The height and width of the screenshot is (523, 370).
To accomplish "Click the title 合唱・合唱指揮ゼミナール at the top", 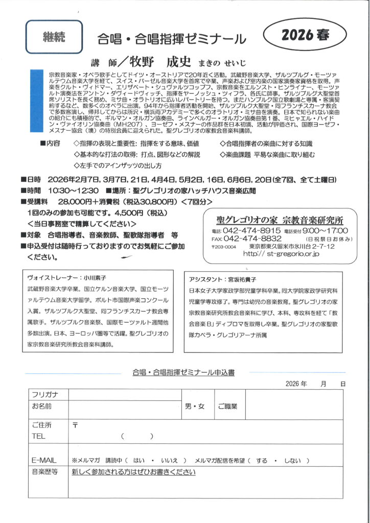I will point(172,39).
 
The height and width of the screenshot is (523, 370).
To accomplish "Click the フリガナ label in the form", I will point(45,394).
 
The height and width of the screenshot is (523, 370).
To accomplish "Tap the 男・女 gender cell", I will point(194,406).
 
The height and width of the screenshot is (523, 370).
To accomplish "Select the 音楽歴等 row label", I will point(45,472).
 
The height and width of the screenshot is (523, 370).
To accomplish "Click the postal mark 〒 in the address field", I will point(75,425).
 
